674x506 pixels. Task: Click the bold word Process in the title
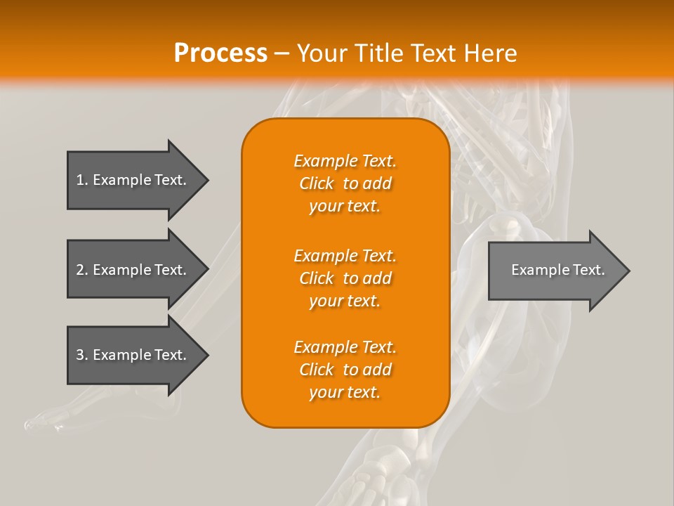pyautogui.click(x=220, y=53)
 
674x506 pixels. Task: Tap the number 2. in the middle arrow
pyautogui.click(x=82, y=270)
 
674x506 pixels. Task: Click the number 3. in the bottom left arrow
pyautogui.click(x=82, y=355)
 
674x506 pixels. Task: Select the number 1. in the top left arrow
pyautogui.click(x=82, y=180)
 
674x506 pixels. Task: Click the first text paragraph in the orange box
pyautogui.click(x=345, y=183)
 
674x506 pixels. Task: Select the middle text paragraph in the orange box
pyautogui.click(x=345, y=278)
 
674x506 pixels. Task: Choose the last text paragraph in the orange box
pyautogui.click(x=345, y=370)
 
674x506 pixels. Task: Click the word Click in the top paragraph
pyautogui.click(x=316, y=183)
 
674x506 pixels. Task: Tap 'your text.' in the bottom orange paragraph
pyautogui.click(x=345, y=392)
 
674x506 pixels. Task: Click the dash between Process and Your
pyautogui.click(x=282, y=53)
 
